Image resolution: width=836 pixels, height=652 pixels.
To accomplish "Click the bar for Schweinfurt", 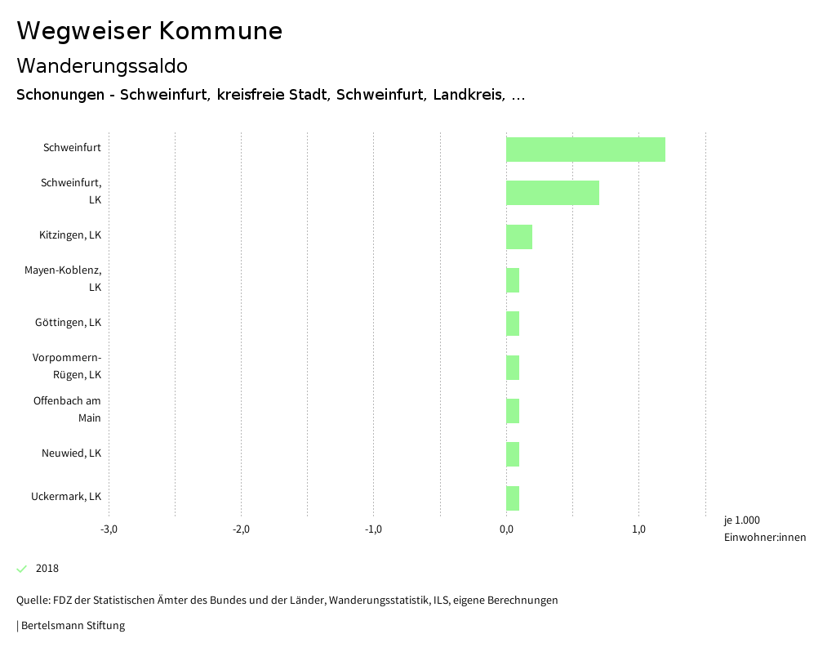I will tap(585, 150).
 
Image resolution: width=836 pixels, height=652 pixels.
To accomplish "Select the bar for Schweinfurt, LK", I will tap(553, 193).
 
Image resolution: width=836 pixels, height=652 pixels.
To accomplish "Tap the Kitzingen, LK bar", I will tap(519, 237).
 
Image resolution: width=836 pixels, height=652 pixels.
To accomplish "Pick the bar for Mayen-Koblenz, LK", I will tap(513, 280).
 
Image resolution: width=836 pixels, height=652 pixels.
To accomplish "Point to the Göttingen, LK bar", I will tap(513, 324).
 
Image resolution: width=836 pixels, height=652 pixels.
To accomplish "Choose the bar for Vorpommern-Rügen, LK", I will tap(513, 368).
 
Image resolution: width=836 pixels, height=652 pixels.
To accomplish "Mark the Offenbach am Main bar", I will tap(513, 411).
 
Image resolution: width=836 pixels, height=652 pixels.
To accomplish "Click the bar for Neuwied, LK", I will tap(513, 454).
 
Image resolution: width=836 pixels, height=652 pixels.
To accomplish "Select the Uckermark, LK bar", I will tap(513, 498).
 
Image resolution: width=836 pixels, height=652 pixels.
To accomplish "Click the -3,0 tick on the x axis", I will tap(109, 529).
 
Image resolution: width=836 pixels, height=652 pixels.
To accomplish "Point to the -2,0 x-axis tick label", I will tap(241, 529).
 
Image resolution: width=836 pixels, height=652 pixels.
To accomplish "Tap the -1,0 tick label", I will tap(373, 529).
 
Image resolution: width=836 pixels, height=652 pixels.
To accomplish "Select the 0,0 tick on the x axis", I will tap(506, 529).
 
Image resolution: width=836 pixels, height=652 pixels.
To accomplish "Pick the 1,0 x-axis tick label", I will tap(638, 529).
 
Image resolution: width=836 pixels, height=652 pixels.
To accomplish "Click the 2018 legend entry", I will tap(47, 569).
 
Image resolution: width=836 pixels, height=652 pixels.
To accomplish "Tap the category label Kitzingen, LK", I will tap(70, 235).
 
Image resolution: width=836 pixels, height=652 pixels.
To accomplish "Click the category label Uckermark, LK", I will tap(66, 497).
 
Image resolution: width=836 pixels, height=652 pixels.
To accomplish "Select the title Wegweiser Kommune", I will tap(149, 30).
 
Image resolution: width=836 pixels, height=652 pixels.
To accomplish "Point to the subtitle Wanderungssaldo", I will tap(102, 65).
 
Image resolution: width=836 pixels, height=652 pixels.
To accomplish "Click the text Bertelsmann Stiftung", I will tap(73, 626).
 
